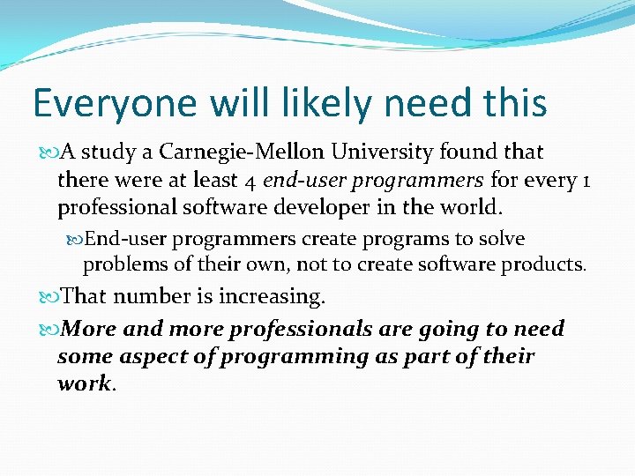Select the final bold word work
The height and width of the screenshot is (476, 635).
84,383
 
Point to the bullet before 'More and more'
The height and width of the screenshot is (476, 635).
48,330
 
